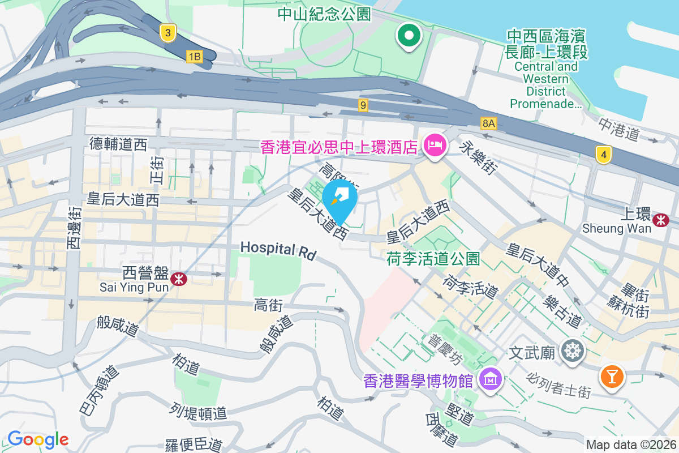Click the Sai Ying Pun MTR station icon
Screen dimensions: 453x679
(179, 278)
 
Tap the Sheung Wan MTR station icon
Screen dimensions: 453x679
(660, 220)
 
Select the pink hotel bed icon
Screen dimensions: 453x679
(435, 146)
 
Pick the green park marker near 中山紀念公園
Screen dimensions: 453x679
(409, 36)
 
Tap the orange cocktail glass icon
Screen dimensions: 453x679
(612, 375)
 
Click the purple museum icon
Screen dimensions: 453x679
(489, 379)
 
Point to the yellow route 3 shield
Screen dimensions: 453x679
(167, 32)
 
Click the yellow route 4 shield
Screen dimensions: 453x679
(604, 153)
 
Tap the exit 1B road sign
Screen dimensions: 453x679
(194, 55)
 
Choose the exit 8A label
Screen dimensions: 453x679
(489, 123)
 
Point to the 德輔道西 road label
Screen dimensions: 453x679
(118, 144)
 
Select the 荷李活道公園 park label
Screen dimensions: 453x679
(433, 259)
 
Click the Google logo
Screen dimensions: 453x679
(38, 439)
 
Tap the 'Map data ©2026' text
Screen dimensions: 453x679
(631, 445)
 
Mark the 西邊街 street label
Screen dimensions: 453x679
(74, 226)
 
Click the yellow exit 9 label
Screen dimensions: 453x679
(363, 105)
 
